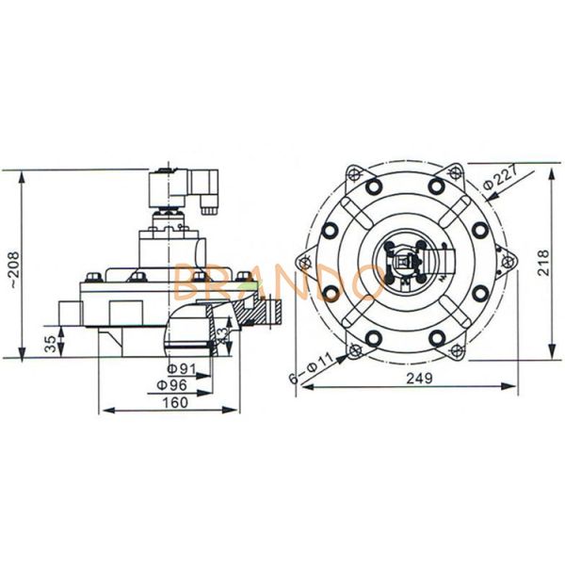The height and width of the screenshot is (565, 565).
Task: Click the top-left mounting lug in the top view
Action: [354, 173]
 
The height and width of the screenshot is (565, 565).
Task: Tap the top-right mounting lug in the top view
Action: [456, 173]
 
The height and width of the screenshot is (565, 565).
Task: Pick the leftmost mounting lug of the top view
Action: [303, 262]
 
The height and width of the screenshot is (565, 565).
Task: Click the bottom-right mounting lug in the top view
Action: [456, 351]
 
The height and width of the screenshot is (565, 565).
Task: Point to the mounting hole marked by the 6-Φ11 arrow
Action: [354, 351]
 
